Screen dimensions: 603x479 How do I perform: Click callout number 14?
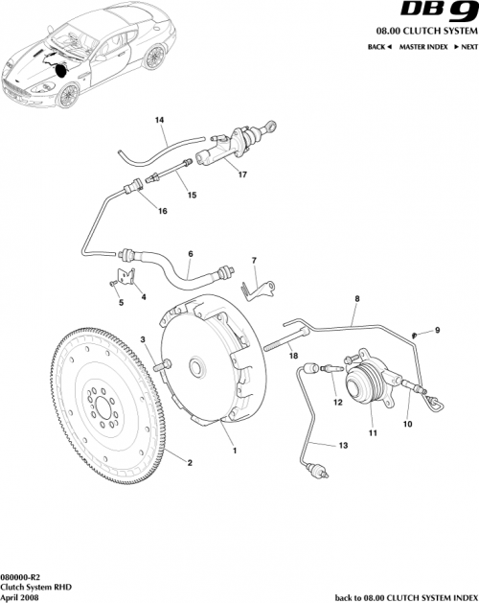[x=160, y=120]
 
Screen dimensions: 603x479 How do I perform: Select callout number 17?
[x=242, y=174]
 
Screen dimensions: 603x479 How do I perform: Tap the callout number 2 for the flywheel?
[x=189, y=464]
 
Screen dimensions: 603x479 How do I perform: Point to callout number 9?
[x=438, y=331]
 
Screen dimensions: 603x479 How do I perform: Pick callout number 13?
[x=343, y=446]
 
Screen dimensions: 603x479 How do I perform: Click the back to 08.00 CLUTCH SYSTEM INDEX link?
[x=404, y=597]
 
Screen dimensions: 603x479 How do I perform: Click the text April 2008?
[x=20, y=596]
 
